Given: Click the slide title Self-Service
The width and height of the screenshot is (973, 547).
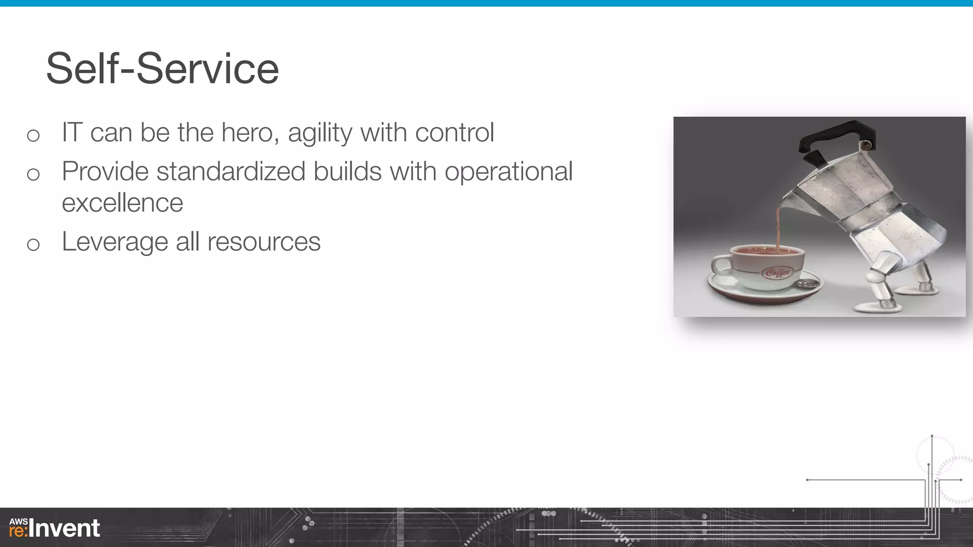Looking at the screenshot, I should [162, 69].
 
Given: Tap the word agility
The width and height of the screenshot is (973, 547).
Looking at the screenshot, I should [320, 133].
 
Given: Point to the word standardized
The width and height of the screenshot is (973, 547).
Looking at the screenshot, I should [231, 171].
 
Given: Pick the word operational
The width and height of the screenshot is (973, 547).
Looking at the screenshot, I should [508, 172].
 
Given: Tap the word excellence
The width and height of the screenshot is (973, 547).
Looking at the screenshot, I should [123, 203].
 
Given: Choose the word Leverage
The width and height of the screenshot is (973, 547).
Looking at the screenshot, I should [114, 242].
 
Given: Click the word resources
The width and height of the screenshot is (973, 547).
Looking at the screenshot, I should [264, 242].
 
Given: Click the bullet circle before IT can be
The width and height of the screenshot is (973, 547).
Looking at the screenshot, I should [33, 136].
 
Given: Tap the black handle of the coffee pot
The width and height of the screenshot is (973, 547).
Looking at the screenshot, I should [836, 135].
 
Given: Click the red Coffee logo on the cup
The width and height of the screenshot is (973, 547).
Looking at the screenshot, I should [778, 273].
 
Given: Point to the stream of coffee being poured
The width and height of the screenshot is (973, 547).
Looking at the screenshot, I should [779, 228].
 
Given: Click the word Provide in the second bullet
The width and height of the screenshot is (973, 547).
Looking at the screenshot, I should [105, 171].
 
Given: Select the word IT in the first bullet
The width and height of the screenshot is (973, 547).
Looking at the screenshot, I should [72, 132].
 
